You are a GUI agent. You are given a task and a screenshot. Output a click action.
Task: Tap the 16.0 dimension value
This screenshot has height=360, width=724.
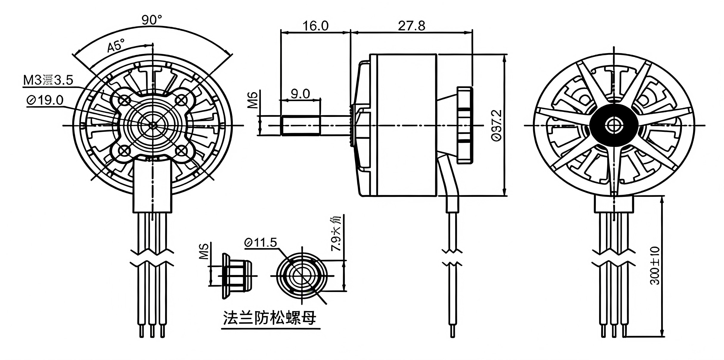[316, 26]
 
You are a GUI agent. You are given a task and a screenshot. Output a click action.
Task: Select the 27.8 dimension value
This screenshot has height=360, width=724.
[412, 26]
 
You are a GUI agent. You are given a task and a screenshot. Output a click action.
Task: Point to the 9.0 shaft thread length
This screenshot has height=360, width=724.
[300, 94]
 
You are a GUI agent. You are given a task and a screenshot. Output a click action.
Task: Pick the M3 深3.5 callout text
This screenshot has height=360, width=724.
[48, 80]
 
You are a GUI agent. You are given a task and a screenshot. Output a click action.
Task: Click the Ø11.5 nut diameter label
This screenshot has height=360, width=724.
[261, 242]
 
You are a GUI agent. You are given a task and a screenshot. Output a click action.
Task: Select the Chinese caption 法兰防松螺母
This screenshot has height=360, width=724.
[269, 318]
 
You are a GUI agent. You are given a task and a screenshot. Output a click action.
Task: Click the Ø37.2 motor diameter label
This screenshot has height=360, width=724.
[497, 125]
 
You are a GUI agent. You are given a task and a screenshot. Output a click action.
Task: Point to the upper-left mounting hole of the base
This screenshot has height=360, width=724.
[124, 101]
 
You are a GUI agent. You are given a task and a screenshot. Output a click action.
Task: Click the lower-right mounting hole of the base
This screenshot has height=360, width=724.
[181, 150]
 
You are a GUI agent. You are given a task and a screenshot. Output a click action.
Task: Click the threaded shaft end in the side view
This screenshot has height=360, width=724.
[300, 126]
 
